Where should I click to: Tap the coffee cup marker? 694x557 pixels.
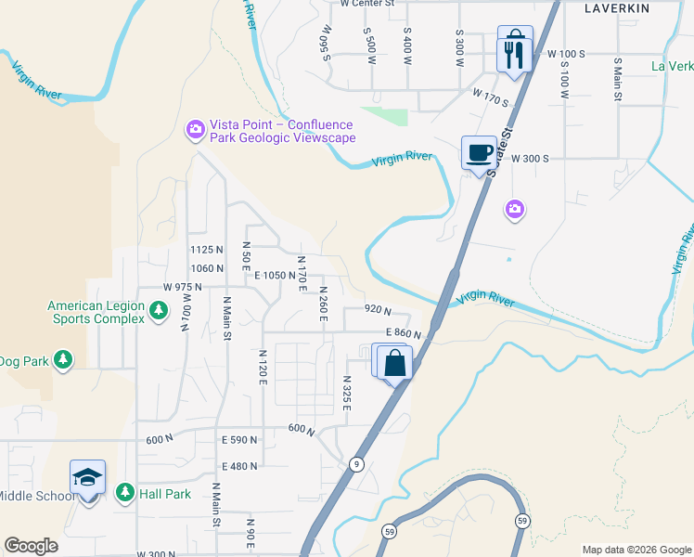coord(479,152)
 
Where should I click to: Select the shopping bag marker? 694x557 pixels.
coord(394,362)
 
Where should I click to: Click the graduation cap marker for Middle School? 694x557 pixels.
coord(87,478)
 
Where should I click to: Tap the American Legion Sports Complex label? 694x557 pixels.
coord(96,312)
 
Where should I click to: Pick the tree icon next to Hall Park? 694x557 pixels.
coord(124,494)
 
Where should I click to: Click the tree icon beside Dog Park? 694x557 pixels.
coord(63,360)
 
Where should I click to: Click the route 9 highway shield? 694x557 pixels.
coord(356,463)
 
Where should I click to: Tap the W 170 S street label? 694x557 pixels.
coord(493,95)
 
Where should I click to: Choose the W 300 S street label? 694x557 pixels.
coord(530,159)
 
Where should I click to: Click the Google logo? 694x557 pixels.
coord(32,546)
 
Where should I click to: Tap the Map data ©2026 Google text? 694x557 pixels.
coord(636,550)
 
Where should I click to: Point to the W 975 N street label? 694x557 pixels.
coord(182,288)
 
